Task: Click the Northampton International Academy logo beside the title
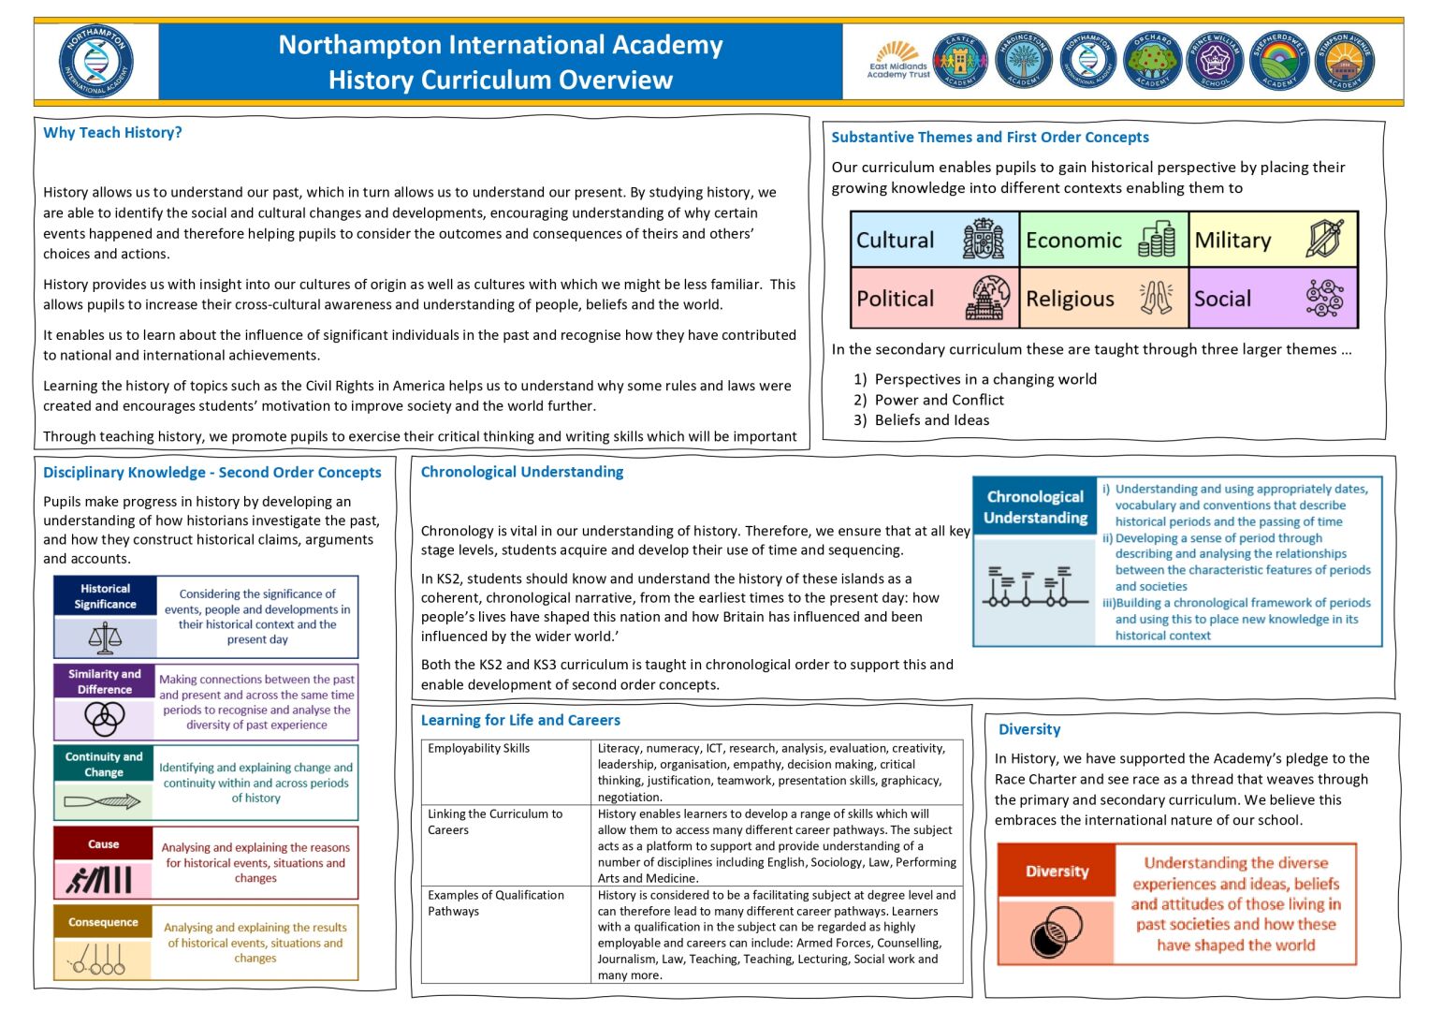point(96,62)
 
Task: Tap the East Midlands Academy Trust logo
point(897,61)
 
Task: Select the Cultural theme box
point(934,240)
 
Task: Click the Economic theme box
point(1102,240)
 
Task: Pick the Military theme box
point(1272,240)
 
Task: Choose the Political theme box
point(934,299)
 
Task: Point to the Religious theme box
point(1102,299)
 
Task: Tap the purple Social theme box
point(1272,299)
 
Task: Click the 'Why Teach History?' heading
point(112,133)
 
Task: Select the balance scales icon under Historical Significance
point(105,637)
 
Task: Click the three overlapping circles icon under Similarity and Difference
point(105,719)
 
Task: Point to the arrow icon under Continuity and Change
point(103,801)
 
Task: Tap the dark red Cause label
point(103,843)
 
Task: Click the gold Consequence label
point(103,922)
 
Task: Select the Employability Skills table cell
point(506,771)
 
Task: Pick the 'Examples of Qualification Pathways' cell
point(506,932)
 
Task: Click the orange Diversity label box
point(1057,871)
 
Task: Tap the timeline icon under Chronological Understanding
point(1034,588)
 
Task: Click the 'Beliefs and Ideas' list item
point(931,420)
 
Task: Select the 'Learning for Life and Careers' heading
point(520,720)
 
